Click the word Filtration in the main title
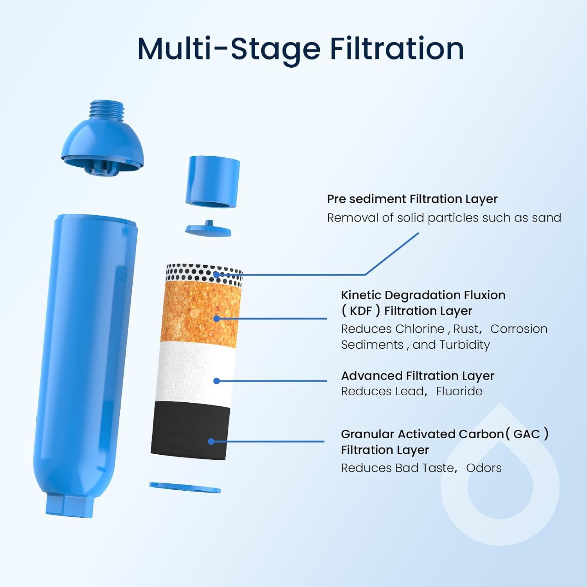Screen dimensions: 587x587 point(397,49)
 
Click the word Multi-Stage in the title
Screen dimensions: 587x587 point(229,49)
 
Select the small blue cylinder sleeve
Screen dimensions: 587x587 point(212,180)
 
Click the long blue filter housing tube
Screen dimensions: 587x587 point(86,352)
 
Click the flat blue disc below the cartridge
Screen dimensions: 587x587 point(185,488)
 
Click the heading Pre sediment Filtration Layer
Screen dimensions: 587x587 point(412,199)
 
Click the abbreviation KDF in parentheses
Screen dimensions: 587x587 point(360,311)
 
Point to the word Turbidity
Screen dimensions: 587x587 point(465,345)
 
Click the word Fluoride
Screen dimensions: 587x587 point(459,391)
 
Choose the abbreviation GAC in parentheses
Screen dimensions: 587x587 point(526,434)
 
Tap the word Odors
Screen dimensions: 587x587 point(484,468)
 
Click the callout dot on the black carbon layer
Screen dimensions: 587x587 point(211,441)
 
